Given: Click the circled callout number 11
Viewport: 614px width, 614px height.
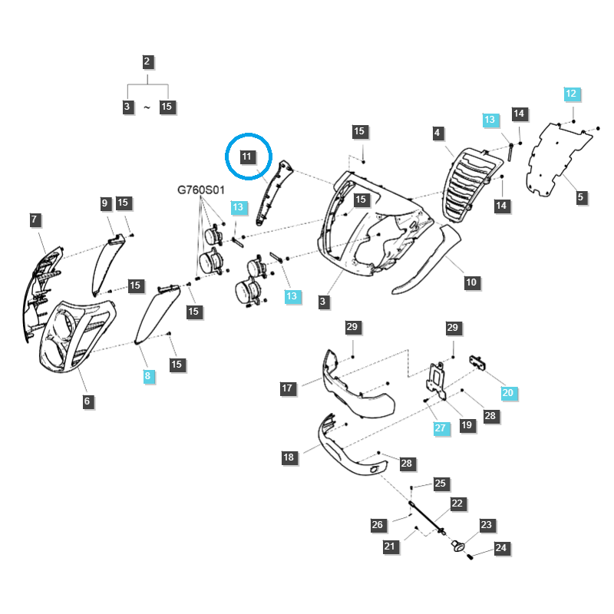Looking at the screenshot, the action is (x=246, y=157).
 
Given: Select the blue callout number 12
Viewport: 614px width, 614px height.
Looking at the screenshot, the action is (x=571, y=94).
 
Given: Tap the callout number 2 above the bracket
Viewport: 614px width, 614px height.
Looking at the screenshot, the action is (x=147, y=61).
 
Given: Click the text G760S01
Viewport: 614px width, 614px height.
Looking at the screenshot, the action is (x=201, y=190).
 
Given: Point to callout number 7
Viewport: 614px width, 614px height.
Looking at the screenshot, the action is (x=35, y=220).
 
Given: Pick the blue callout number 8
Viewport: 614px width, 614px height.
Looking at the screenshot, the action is (x=147, y=376).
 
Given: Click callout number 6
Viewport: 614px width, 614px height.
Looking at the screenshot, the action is (x=87, y=401).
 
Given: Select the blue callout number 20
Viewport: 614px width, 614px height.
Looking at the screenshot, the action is (x=508, y=393).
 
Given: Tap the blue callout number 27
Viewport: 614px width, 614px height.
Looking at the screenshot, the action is (x=441, y=428).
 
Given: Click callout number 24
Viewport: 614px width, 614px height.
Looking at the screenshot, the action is (x=501, y=548).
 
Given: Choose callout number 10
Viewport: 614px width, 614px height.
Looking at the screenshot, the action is (x=471, y=282).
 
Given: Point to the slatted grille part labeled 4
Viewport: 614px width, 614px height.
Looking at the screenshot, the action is (x=472, y=183).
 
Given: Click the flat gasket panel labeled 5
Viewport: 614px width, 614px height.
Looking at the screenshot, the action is (x=558, y=159).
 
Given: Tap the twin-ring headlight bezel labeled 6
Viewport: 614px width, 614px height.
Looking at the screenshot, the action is (x=75, y=337).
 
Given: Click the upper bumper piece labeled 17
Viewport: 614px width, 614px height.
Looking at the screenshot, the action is (x=355, y=386).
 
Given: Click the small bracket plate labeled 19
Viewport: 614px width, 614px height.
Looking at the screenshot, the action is (x=436, y=381).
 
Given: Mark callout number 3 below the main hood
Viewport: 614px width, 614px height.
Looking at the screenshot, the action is (x=323, y=302).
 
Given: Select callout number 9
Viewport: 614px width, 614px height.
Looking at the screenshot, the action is (x=104, y=203).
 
